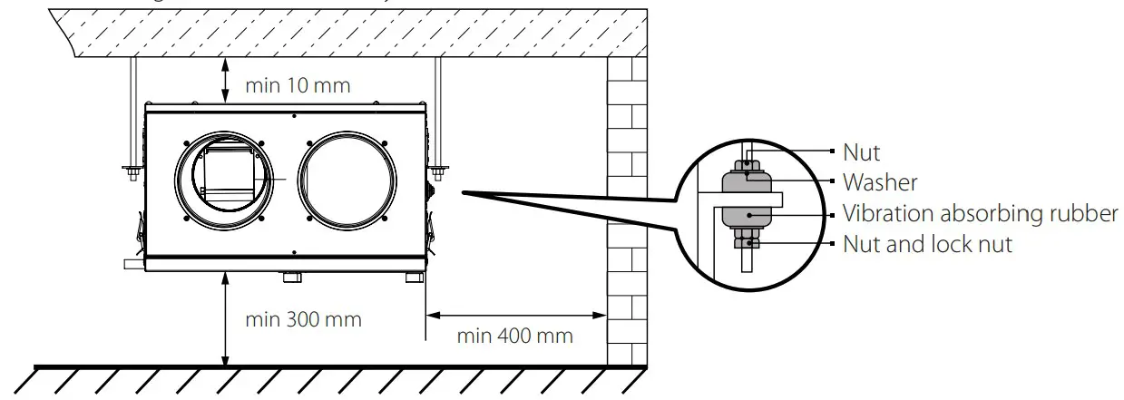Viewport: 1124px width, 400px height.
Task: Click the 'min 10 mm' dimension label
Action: [298, 85]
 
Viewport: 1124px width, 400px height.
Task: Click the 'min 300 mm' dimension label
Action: [303, 319]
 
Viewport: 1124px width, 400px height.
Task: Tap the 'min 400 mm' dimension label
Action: [514, 336]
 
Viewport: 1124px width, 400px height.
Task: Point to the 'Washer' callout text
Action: [880, 182]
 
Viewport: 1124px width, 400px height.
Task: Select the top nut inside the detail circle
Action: [746, 166]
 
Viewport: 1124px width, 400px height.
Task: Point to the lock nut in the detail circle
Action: [747, 242]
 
